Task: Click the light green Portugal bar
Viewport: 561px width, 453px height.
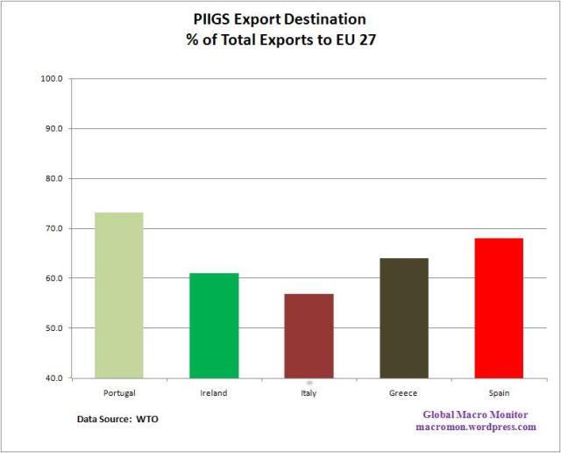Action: [x=119, y=295]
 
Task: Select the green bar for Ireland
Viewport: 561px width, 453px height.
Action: [x=214, y=325]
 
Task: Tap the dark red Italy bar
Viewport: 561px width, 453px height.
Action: [x=309, y=335]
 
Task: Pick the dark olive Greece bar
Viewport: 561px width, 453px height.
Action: [x=404, y=318]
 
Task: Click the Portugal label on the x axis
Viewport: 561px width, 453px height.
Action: [x=119, y=392]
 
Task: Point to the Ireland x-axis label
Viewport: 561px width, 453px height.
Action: [x=214, y=392]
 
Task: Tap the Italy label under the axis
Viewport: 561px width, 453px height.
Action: [x=309, y=392]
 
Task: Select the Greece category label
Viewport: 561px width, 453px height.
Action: [x=404, y=392]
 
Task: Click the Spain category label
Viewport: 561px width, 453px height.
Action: [x=499, y=392]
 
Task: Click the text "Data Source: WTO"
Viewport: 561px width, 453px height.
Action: [x=118, y=419]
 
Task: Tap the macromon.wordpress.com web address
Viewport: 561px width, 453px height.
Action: [x=477, y=426]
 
